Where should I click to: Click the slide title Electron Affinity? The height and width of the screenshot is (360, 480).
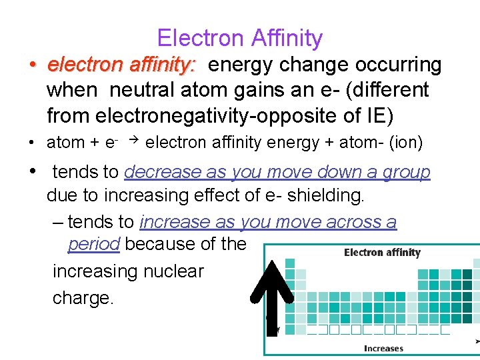point(240,38)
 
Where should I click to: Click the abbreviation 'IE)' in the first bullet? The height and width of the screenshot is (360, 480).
point(379,116)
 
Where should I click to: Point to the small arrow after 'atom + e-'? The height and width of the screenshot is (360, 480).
point(133,140)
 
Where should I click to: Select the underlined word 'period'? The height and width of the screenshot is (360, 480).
point(93,244)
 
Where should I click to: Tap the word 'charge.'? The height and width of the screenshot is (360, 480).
point(84,297)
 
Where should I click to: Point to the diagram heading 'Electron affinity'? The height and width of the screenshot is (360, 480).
point(382,253)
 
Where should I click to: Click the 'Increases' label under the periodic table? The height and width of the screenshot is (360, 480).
point(383,348)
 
